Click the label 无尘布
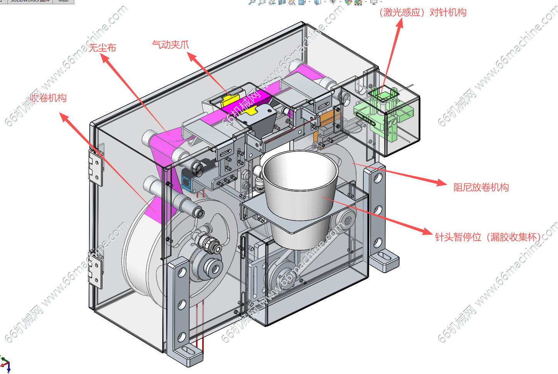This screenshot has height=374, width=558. [103, 48]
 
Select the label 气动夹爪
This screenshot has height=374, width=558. [171, 45]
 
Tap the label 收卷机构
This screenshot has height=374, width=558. [49, 98]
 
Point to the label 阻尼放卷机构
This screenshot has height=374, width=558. [481, 187]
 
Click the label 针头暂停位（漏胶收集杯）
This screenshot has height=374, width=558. [488, 237]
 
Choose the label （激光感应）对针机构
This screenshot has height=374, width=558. [423, 12]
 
